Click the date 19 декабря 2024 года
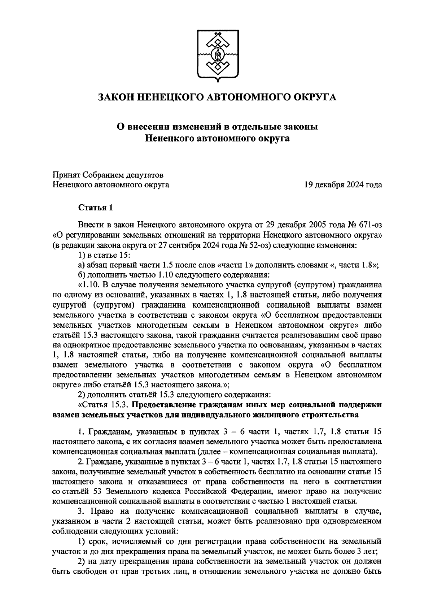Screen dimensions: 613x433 pos(343,185)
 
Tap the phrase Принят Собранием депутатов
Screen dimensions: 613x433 pos(108,175)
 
